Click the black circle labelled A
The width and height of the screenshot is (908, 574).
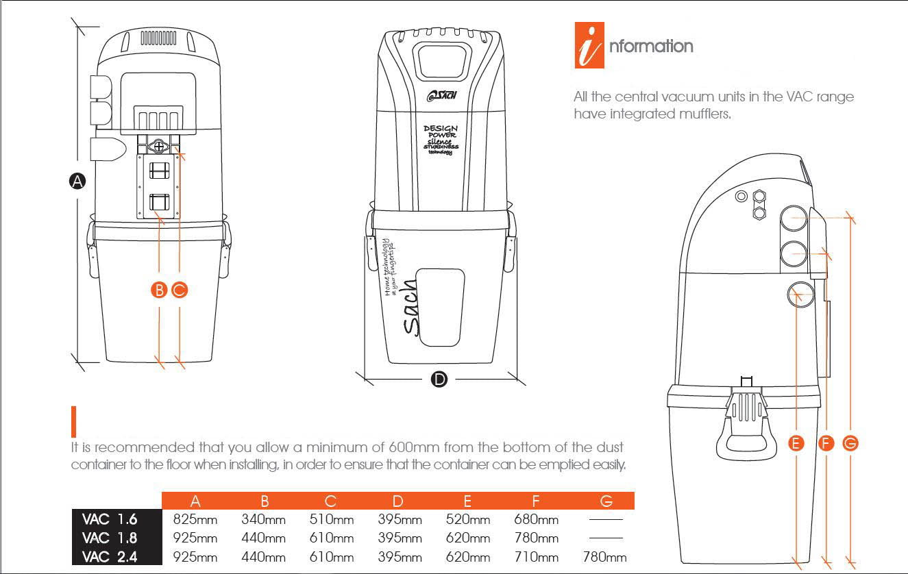click(77, 181)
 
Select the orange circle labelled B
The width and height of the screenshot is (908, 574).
click(159, 290)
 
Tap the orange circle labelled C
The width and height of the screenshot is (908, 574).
click(180, 290)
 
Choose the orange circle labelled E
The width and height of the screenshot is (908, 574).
click(796, 443)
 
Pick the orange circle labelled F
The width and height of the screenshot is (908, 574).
click(826, 443)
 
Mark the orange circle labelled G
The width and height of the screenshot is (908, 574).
click(850, 443)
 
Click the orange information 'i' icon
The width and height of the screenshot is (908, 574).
click(589, 47)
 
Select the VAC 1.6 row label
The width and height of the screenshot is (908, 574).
click(110, 519)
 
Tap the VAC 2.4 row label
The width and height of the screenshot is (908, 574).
click(110, 557)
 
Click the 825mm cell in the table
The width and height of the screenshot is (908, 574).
click(195, 519)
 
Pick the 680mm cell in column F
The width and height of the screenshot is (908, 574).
click(536, 519)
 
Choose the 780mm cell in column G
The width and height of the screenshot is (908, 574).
click(604, 557)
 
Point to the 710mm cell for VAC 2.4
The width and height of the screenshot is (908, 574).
click(536, 557)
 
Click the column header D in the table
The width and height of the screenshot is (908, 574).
click(398, 501)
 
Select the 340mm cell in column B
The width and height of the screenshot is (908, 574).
click(263, 519)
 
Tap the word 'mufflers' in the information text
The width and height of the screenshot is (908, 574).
click(706, 114)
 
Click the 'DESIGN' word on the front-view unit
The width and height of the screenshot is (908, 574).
click(441, 128)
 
